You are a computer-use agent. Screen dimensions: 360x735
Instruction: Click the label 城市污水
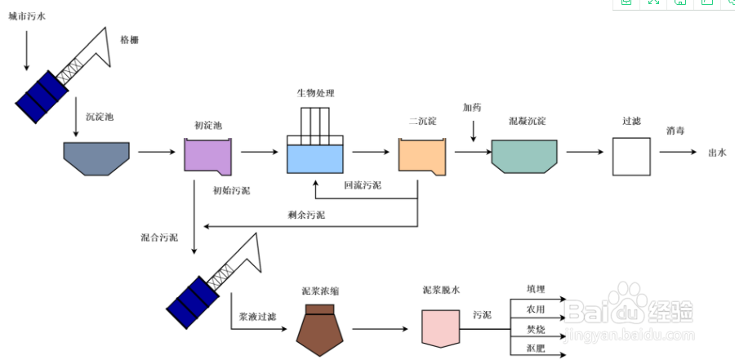[x=27, y=16]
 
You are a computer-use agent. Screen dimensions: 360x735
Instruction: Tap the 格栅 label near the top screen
[x=129, y=40]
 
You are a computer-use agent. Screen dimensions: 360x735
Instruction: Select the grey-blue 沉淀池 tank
[x=97, y=158]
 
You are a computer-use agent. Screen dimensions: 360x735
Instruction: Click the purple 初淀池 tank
[x=207, y=156]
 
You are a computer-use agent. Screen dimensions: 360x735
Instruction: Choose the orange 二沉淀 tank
[x=423, y=156]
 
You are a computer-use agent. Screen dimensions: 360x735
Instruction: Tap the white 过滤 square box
[x=631, y=156]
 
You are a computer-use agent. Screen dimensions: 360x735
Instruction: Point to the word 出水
[x=717, y=153]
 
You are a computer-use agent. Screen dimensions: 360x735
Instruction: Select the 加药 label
[x=472, y=107]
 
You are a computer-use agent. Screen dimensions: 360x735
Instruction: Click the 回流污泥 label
[x=363, y=185]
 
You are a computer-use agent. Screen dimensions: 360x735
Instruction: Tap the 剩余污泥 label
[x=306, y=215]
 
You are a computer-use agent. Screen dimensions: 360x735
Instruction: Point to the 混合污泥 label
[x=159, y=238]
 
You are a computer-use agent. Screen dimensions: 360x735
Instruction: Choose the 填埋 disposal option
[x=536, y=290]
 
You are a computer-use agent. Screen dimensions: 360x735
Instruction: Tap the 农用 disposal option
[x=536, y=309]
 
